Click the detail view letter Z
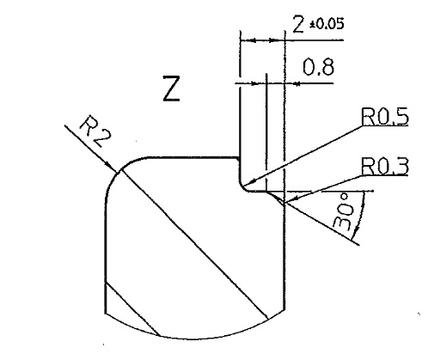pos(171,88)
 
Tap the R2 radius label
pos(95,131)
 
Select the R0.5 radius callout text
pos(385,117)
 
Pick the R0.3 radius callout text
pos(385,166)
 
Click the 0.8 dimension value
pos(318,68)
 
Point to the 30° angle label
pos(344,211)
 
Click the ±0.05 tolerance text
pos(327,25)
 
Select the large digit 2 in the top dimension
pos(298,24)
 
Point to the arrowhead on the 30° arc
pos(356,230)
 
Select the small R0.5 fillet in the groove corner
pos(242,187)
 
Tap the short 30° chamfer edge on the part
pos(276,198)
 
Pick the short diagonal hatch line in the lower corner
pos(132,308)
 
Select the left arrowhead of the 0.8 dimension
pos(254,83)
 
